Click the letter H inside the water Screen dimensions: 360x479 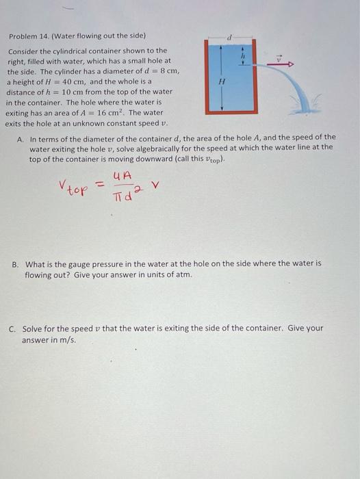(x=221, y=80)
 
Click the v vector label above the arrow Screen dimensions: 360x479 (x=279, y=58)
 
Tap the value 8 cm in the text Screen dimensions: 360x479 (x=168, y=70)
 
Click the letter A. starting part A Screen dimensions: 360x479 (x=21, y=138)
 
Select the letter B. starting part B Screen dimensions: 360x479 (x=21, y=263)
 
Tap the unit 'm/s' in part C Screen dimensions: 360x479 (x=67, y=340)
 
